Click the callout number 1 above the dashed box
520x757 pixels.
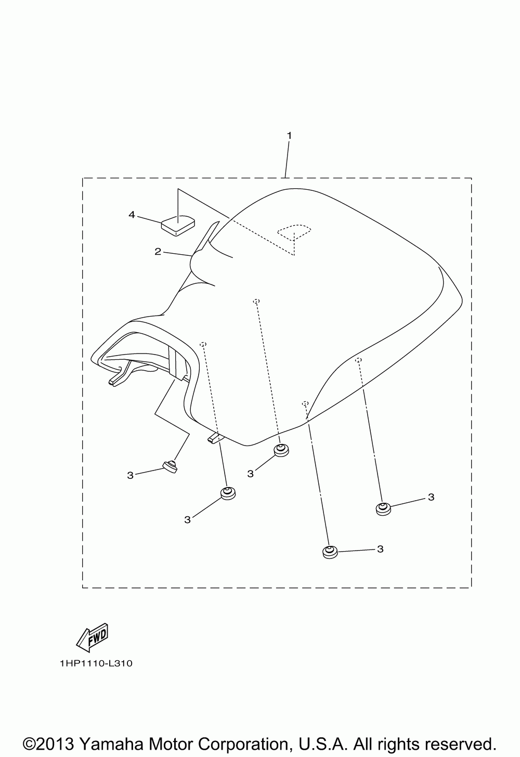(x=289, y=136)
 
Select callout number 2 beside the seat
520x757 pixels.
(x=157, y=252)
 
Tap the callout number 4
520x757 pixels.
(x=132, y=214)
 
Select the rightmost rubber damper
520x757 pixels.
(x=383, y=508)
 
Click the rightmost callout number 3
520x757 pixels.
(x=431, y=497)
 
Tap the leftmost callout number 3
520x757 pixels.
(x=130, y=475)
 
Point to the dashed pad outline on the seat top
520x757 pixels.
(x=294, y=230)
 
